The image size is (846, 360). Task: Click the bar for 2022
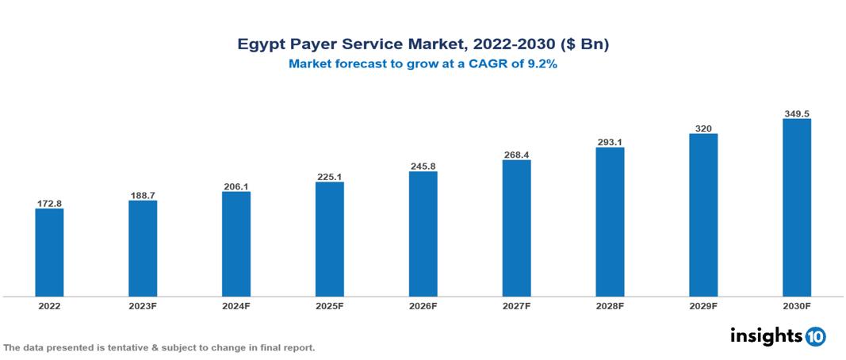[x=49, y=252]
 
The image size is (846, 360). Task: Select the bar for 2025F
[x=329, y=239]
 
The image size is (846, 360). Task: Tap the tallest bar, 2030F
[x=796, y=208]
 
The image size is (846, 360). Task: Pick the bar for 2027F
[x=516, y=228]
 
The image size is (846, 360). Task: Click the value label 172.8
[x=49, y=204]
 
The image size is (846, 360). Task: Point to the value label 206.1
[x=236, y=186]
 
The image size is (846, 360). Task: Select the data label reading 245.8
[x=423, y=167]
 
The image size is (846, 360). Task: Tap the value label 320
[x=703, y=128]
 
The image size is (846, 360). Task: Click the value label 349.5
[x=796, y=114]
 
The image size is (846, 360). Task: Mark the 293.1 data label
[x=610, y=143]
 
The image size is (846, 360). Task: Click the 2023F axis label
[x=143, y=306]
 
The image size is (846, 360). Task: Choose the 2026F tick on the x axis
[x=423, y=306]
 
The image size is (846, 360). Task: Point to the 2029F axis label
[x=703, y=306]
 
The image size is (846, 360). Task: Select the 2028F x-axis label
[x=610, y=306]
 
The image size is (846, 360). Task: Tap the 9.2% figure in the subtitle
[x=542, y=65]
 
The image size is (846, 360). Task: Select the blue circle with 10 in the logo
[x=815, y=337]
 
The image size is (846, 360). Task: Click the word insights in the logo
[x=766, y=336]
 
